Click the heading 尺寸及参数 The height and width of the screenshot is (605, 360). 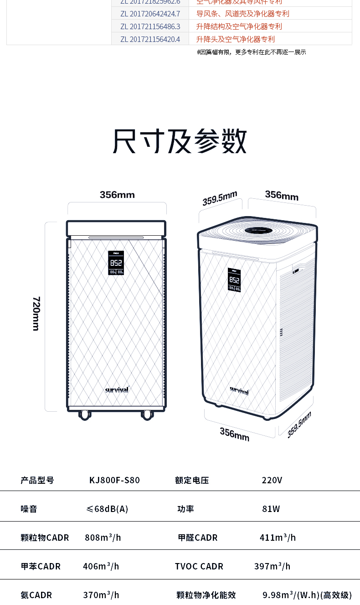pos(180,141)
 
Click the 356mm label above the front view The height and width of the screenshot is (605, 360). pos(117,195)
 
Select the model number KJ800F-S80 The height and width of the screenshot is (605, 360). pos(114,480)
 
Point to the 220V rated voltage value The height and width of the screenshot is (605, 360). pos(272,480)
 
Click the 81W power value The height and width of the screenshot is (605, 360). pos(271,509)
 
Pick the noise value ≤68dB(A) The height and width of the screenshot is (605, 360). pos(107,509)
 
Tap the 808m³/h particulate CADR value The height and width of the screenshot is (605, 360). pos(103,538)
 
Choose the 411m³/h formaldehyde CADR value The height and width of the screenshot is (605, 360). pos(278,538)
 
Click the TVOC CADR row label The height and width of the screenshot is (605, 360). pos(199,566)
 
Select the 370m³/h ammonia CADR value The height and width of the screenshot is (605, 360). pos(101,595)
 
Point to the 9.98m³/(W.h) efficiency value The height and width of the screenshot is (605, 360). pos(307,595)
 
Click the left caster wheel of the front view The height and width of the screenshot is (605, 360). pos(84,414)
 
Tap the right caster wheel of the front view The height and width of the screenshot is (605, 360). pos(147,414)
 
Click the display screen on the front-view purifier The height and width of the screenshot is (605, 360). pos(116,263)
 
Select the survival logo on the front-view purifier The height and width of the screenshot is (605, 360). pos(117,390)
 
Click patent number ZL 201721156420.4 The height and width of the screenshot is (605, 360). pos(150,39)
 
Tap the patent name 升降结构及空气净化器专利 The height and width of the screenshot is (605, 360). pos(239,26)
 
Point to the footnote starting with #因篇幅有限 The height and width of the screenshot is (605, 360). pos(252,52)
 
